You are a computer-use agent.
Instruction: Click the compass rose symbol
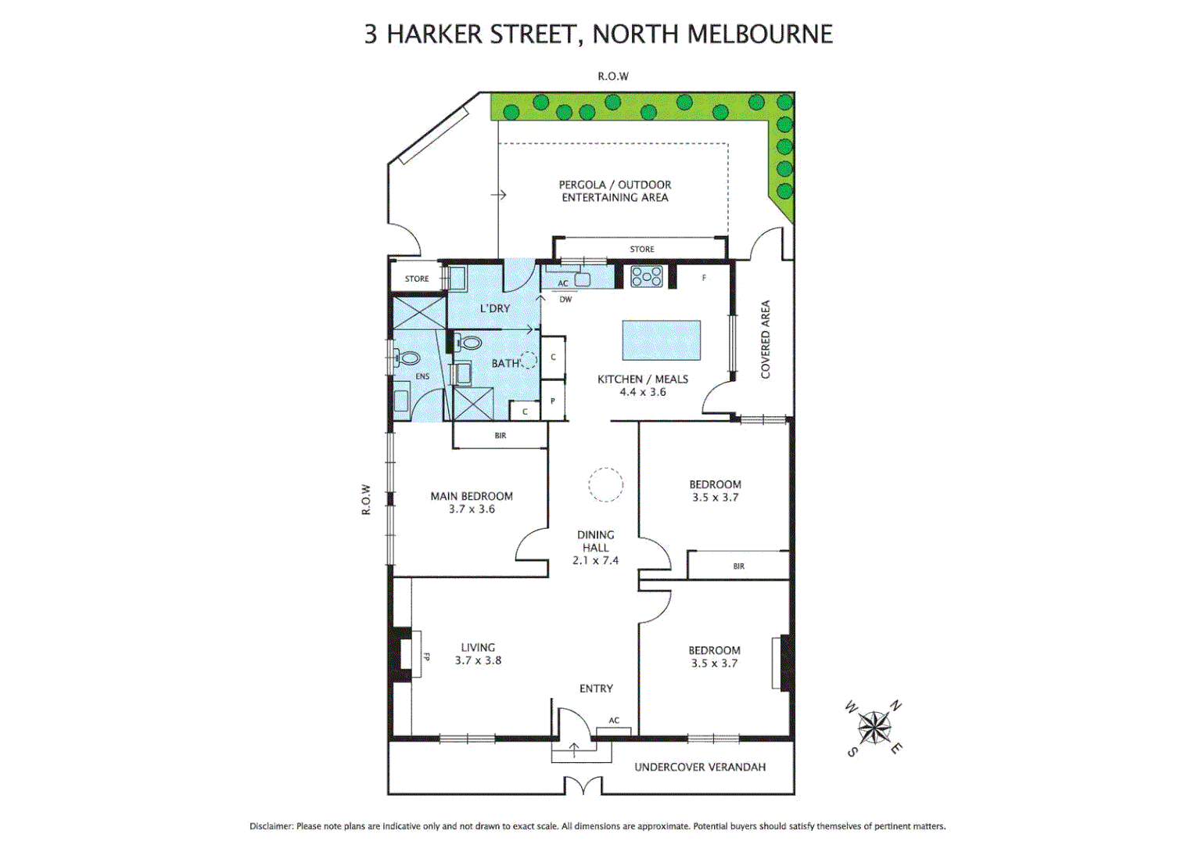[874, 728]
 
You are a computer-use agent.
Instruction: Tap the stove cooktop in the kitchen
[647, 276]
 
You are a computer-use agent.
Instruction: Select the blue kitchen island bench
[661, 340]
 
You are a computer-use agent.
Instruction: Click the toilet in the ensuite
[407, 359]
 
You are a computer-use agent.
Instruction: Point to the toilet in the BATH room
[469, 343]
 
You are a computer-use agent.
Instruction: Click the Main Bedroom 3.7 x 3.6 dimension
[472, 509]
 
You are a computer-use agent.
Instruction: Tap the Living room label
[478, 647]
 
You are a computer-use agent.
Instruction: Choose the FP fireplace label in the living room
[426, 656]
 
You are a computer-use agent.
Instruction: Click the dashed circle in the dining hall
[605, 484]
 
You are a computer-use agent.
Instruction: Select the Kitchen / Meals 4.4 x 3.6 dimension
[643, 392]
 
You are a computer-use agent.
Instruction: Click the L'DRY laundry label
[495, 308]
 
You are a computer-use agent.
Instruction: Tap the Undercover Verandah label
[700, 767]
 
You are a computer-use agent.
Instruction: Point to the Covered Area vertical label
[766, 340]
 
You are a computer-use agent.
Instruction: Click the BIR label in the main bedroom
[501, 436]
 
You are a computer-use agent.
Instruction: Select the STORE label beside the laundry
[417, 279]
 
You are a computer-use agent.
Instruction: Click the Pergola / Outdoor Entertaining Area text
[615, 191]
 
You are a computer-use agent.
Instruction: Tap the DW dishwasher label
[565, 300]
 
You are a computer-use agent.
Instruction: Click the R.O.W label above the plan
[613, 76]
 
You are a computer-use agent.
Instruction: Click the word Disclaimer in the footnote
[271, 826]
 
